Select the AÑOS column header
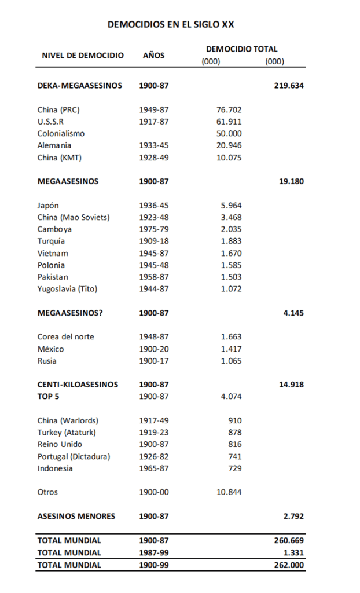pos(153,56)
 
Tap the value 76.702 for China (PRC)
pos(229,109)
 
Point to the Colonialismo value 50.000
pos(229,134)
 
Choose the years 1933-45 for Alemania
pos(153,145)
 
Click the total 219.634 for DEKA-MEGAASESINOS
pos(289,86)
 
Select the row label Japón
pos(48,206)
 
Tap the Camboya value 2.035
pos(231,229)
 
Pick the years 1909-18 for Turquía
pos(153,241)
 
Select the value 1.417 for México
pos(231,349)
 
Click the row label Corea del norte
pos(65,337)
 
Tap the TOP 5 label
pos(49,397)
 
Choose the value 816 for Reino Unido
pos(235,444)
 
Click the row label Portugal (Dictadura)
pos(74,456)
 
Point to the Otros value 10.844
pos(229,492)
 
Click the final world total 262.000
pos(289,565)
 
